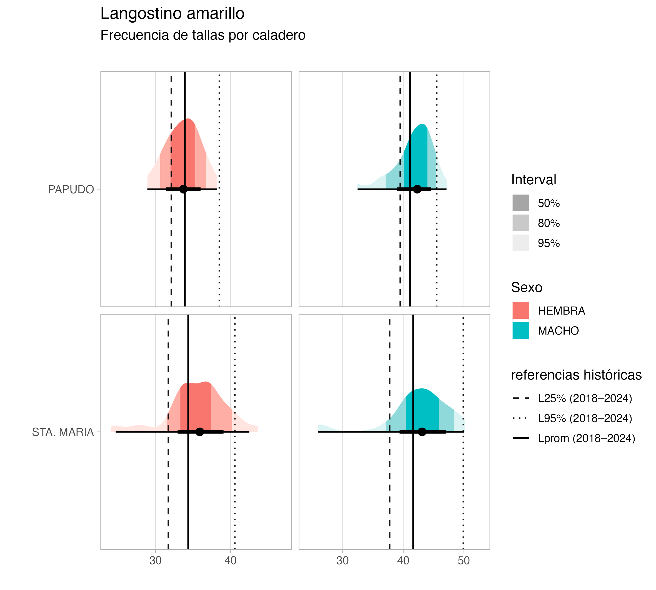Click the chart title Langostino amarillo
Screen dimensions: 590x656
pyautogui.click(x=172, y=14)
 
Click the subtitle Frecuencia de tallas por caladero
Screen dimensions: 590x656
pyautogui.click(x=203, y=35)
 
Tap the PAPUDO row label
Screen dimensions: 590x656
pyautogui.click(x=71, y=189)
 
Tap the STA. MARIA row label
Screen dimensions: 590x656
pyautogui.click(x=63, y=432)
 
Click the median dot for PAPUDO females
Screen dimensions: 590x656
pyautogui.click(x=184, y=189)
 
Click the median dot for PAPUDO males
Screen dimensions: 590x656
pyautogui.click(x=417, y=189)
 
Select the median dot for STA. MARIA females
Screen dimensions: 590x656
pyautogui.click(x=200, y=432)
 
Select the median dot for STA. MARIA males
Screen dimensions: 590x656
pyautogui.click(x=422, y=432)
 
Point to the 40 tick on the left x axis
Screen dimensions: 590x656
pyautogui.click(x=231, y=561)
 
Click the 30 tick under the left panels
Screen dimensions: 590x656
pyautogui.click(x=155, y=561)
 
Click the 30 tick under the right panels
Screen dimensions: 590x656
pyautogui.click(x=342, y=561)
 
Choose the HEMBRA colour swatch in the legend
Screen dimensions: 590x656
pyautogui.click(x=521, y=311)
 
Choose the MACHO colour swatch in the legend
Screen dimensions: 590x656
pyautogui.click(x=521, y=330)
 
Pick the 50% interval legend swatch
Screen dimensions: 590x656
pyautogui.click(x=521, y=203)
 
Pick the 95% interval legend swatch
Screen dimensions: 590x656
pyautogui.click(x=521, y=243)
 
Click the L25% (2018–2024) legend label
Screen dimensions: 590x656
pyautogui.click(x=585, y=398)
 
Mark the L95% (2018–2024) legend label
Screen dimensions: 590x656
pyautogui.click(x=585, y=418)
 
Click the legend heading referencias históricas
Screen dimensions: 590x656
pyautogui.click(x=576, y=375)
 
